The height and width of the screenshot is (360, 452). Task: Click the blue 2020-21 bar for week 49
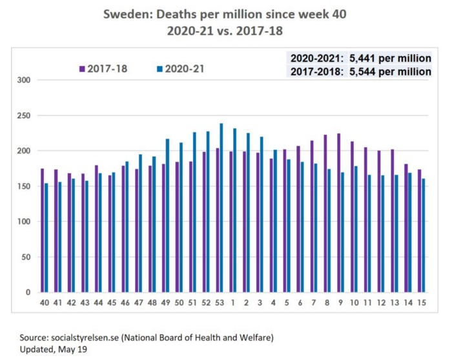[167, 215]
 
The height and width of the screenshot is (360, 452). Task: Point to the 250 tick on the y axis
[24, 115]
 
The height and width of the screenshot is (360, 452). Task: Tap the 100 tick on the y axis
[24, 221]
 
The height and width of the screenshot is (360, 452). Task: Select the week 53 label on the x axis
[219, 303]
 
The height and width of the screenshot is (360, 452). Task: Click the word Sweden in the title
[125, 14]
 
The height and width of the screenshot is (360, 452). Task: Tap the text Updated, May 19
[52, 349]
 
